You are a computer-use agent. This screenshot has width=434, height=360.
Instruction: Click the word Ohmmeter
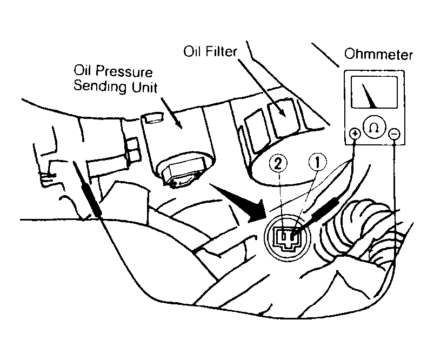click(378, 55)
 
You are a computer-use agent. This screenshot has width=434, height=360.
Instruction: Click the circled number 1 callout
click(317, 162)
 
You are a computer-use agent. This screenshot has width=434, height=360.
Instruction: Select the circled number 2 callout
click(278, 163)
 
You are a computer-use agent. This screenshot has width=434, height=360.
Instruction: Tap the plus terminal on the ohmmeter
click(355, 134)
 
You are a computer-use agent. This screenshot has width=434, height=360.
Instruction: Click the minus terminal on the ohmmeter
click(394, 134)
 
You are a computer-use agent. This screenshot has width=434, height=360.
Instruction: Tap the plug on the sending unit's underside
click(182, 174)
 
